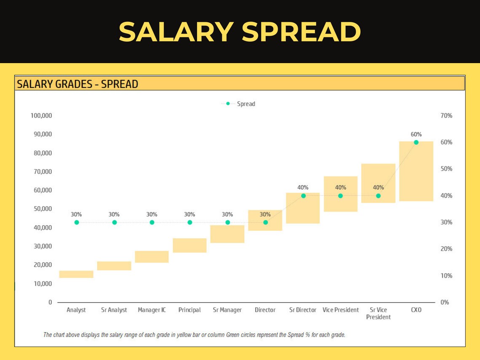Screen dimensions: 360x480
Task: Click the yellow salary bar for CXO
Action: click(x=416, y=171)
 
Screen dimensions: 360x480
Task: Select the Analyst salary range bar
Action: click(x=76, y=274)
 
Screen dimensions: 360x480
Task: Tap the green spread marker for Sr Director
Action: click(x=303, y=196)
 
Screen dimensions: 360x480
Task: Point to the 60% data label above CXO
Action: click(x=416, y=134)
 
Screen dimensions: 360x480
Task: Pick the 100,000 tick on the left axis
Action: click(x=41, y=116)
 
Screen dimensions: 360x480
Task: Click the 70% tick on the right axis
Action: click(x=446, y=116)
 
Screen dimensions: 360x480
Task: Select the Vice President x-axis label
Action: click(x=341, y=310)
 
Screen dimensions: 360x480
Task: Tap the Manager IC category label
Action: click(x=152, y=310)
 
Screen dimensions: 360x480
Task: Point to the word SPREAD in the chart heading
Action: click(x=120, y=84)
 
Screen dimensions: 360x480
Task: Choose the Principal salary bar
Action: click(x=189, y=245)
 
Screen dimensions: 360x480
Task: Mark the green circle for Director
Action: click(x=265, y=222)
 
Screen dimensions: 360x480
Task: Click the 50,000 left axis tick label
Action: click(x=43, y=209)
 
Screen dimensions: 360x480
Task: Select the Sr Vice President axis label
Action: click(x=378, y=313)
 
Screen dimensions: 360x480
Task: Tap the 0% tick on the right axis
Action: click(x=445, y=302)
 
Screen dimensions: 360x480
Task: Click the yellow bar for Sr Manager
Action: click(x=227, y=234)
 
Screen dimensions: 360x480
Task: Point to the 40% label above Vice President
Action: click(x=341, y=187)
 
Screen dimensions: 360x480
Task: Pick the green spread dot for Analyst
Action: click(x=77, y=222)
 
